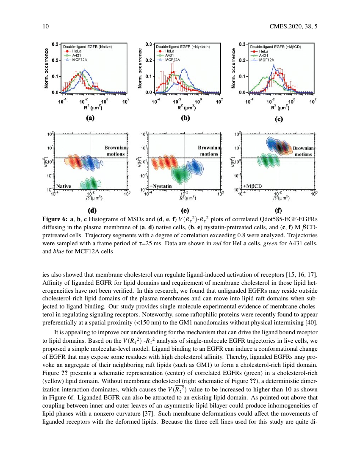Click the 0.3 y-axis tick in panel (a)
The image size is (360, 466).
(55, 44)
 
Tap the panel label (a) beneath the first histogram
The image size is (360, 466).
(90, 119)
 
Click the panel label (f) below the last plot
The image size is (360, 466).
(278, 210)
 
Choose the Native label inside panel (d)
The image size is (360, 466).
(64, 186)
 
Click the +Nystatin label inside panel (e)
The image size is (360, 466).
(160, 186)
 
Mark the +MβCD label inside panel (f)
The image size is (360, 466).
(253, 186)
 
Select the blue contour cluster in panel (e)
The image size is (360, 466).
(195, 166)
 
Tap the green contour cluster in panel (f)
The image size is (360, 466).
(266, 161)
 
